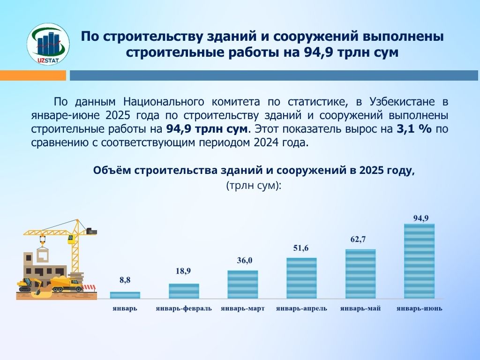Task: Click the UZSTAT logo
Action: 48,44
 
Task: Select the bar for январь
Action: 125,295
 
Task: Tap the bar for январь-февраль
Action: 184,291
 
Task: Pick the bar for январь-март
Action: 243,285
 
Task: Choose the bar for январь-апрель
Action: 301,278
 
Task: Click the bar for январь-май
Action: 360,274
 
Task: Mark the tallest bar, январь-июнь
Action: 420,261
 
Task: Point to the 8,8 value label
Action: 125,280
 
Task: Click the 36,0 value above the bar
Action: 245,261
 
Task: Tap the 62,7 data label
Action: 358,240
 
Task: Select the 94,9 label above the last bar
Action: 421,218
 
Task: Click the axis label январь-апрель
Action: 301,308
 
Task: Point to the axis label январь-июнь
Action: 420,308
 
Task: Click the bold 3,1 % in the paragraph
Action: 414,129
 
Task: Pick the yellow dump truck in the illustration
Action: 67,284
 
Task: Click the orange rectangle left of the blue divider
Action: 33,75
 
